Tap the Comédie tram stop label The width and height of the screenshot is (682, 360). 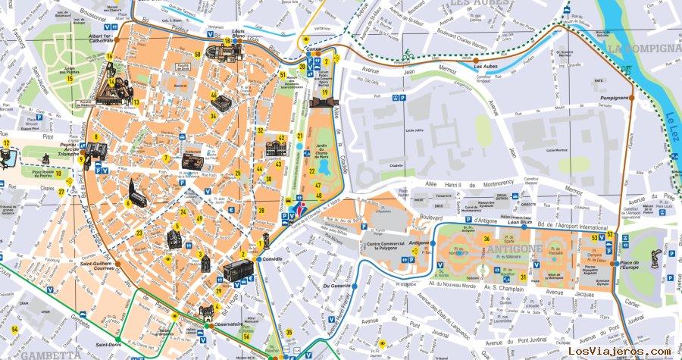point(272,259)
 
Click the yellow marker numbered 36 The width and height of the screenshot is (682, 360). point(486,239)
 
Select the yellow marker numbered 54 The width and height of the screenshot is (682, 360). point(14,330)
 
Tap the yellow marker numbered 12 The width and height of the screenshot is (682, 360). point(6,142)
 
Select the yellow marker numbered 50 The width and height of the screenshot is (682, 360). point(197,54)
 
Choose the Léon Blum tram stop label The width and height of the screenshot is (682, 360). point(519,222)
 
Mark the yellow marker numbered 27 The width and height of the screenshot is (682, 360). point(61,192)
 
